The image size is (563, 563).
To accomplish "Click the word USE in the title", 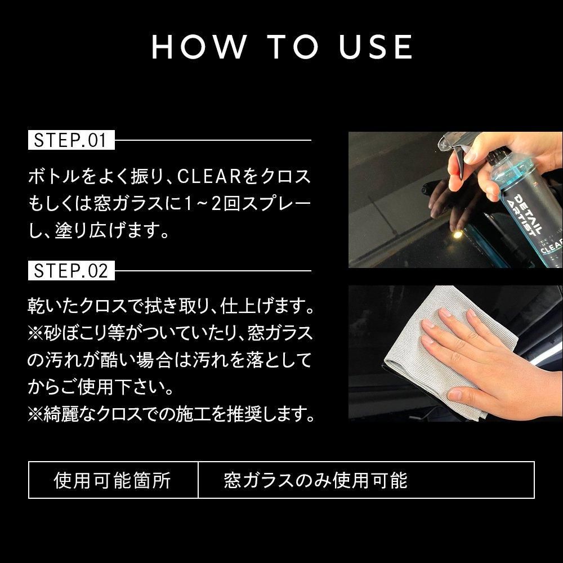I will (x=376, y=47).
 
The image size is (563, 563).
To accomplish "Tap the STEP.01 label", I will (x=71, y=140).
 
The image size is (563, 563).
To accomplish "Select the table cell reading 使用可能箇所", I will (x=113, y=480).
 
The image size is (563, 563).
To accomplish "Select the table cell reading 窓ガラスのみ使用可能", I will (x=315, y=480).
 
